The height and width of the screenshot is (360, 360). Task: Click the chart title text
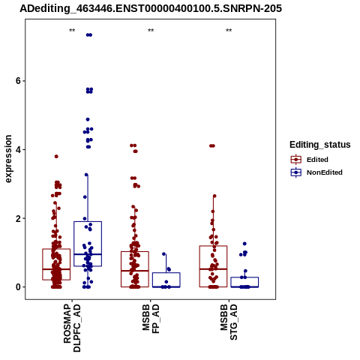pos(151,8)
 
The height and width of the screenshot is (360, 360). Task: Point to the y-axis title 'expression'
pos(8,159)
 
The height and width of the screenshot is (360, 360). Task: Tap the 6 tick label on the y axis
pos(18,81)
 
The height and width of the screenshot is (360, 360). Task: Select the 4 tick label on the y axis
pos(18,150)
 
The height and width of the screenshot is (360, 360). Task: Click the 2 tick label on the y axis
pos(18,218)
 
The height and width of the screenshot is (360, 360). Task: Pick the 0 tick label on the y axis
pos(18,287)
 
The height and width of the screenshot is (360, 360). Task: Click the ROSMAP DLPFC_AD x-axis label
pos(72,328)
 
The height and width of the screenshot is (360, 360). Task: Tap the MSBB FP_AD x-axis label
pos(151,319)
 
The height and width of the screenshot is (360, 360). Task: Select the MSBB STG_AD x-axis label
pos(229,322)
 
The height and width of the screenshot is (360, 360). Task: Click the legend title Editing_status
pos(320,145)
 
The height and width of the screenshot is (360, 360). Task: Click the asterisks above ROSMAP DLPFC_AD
pos(72,31)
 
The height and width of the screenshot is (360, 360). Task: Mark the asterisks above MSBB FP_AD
pos(151,31)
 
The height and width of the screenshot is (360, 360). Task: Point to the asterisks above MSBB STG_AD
pos(229,31)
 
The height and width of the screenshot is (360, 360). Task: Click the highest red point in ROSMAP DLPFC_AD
pos(56,157)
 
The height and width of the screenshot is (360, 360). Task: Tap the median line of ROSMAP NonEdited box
pos(88,254)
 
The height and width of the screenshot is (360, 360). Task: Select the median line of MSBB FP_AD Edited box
pos(135,271)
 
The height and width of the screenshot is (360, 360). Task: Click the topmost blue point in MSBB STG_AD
pos(244,244)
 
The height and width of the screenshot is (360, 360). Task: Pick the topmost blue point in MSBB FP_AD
pos(164,254)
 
